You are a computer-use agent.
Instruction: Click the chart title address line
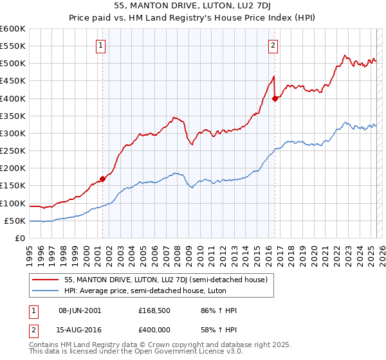(193, 7)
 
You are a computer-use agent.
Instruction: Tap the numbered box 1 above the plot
(102, 45)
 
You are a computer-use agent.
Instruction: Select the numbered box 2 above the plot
(273, 45)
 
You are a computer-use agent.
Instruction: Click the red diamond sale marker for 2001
(102, 179)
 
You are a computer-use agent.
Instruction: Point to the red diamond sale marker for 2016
(275, 98)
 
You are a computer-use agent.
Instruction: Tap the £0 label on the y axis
(19, 239)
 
